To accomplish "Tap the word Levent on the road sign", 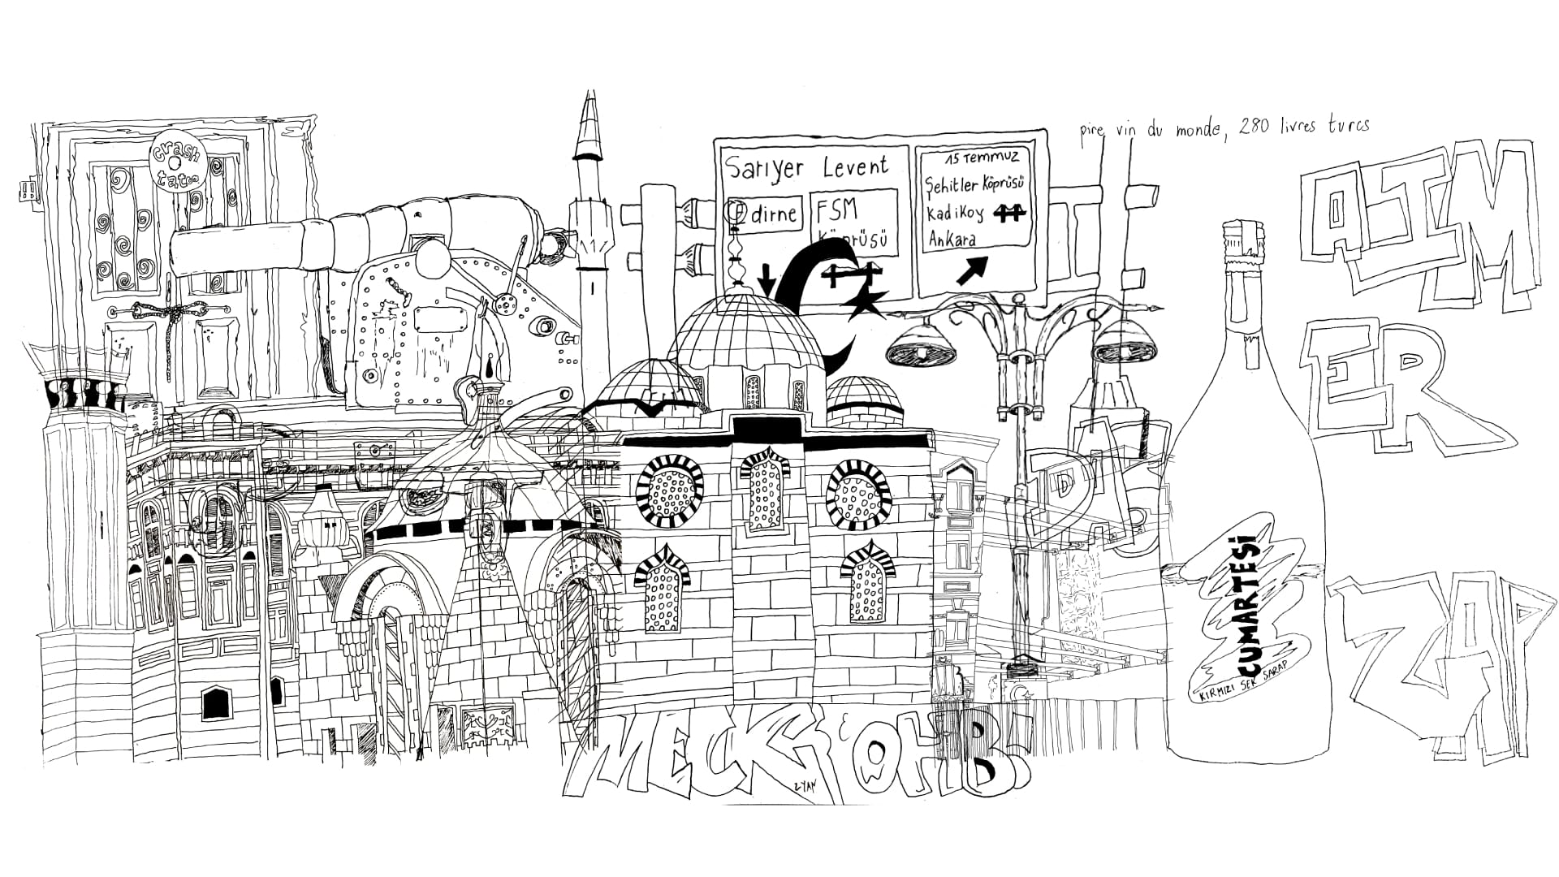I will click(856, 168).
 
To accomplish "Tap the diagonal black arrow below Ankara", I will click(974, 270).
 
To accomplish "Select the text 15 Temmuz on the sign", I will click(981, 157).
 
